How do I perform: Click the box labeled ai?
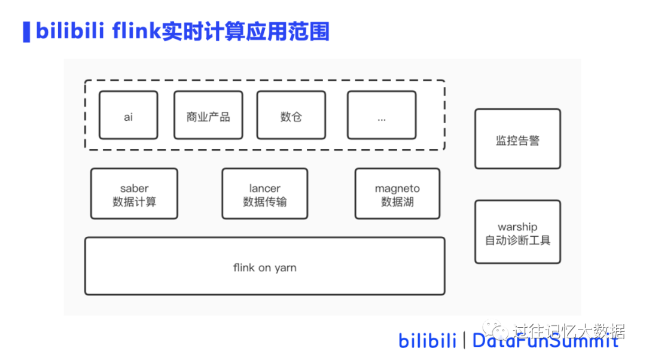[128, 115]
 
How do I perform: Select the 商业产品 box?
[208, 115]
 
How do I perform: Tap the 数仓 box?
[291, 115]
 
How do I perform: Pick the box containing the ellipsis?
[382, 115]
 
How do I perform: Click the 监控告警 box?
[517, 139]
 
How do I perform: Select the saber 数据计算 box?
[134, 194]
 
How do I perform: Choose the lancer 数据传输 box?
[264, 194]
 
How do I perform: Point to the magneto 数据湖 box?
[397, 194]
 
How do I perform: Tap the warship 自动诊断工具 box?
[517, 232]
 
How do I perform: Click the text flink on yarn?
[264, 267]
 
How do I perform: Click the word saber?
[134, 188]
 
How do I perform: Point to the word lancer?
[264, 188]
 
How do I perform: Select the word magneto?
[397, 188]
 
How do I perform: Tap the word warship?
[517, 227]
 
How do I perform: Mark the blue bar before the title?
[26, 32]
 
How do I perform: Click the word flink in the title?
[135, 31]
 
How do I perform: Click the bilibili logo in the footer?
[427, 341]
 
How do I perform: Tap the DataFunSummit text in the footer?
[545, 341]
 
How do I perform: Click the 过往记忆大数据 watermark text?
[568, 330]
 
